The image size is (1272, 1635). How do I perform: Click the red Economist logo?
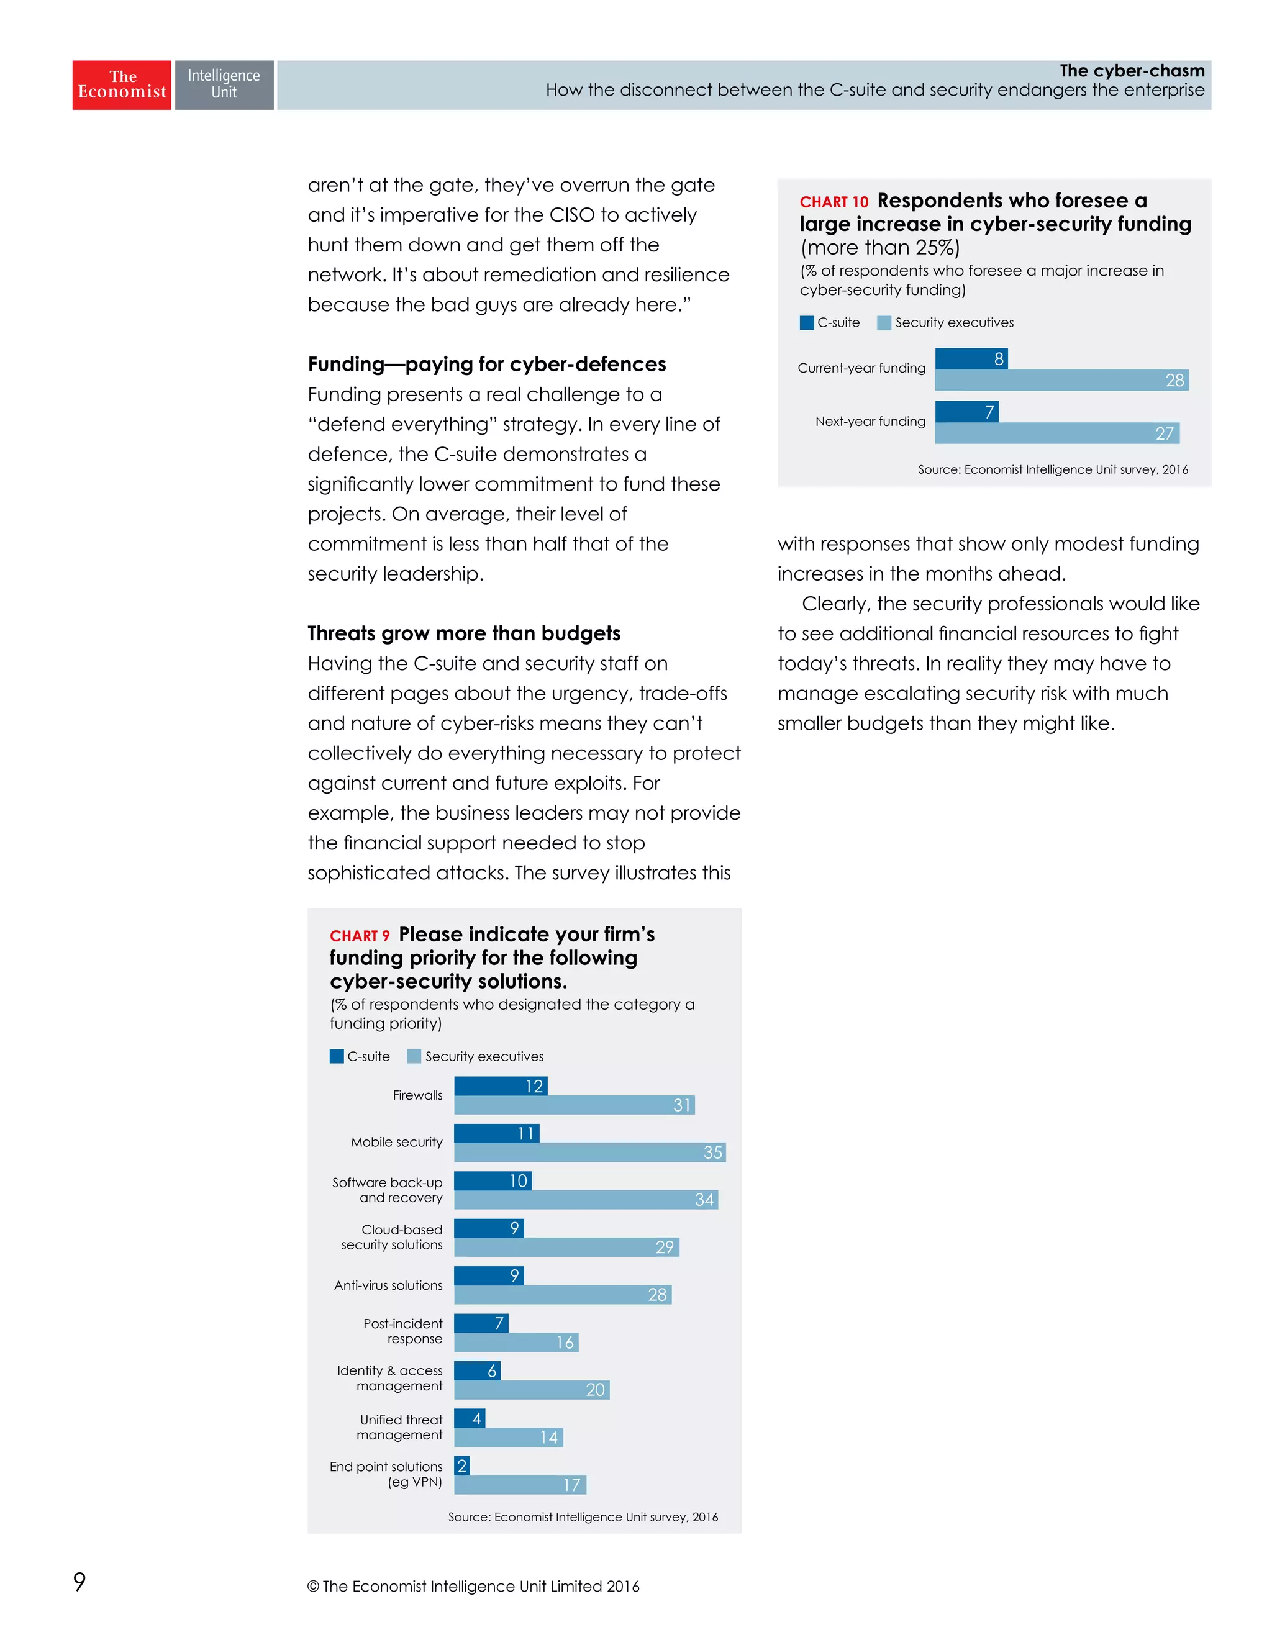click(121, 84)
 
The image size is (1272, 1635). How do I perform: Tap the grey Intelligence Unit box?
click(224, 84)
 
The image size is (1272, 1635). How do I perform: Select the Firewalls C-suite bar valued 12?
click(500, 1085)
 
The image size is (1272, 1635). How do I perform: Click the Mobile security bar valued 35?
click(589, 1152)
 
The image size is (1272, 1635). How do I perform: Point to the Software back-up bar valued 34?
click(586, 1199)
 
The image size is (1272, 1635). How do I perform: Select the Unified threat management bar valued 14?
click(508, 1437)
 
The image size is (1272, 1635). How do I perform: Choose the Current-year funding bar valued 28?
click(1061, 380)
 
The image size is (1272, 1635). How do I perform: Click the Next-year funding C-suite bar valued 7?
click(966, 412)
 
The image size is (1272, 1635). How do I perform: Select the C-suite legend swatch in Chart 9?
click(337, 1056)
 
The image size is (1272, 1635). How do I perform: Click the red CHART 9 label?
click(360, 936)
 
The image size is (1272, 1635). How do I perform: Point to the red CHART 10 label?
click(834, 202)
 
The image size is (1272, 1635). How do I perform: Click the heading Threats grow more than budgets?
click(463, 633)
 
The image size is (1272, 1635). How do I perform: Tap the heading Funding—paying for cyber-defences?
click(487, 364)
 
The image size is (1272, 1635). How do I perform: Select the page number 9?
click(79, 1581)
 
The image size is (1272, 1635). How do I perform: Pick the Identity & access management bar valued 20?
click(532, 1390)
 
